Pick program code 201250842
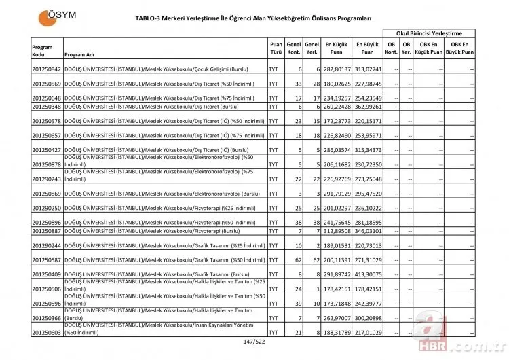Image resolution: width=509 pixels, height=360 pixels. click(46, 69)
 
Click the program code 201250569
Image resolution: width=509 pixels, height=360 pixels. click(46, 84)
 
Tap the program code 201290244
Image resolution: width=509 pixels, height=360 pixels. click(46, 245)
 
